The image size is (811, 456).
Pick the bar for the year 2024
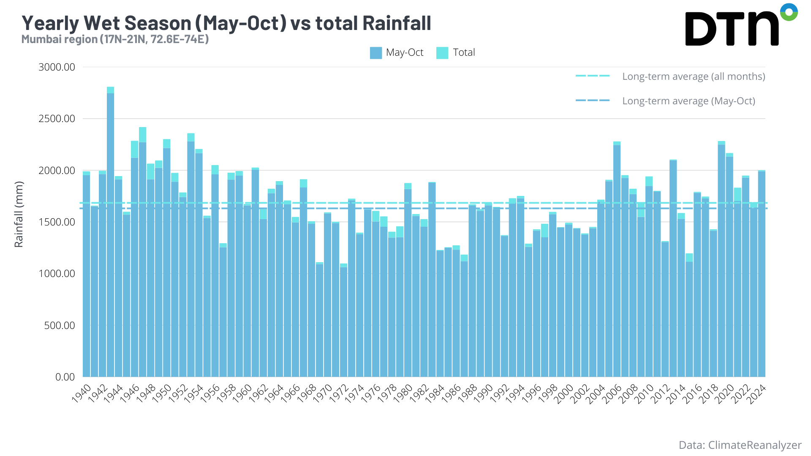[x=762, y=274]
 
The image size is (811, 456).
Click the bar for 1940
[x=86, y=274]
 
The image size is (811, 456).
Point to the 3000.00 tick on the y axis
[x=57, y=67]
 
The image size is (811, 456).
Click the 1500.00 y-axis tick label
[x=57, y=222]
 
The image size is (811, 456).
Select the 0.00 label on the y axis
[x=65, y=377]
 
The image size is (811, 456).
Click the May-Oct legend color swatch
[x=376, y=53]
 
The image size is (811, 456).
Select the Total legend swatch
[x=442, y=53]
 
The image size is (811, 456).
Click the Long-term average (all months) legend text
[x=694, y=76]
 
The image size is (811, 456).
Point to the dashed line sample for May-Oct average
[x=593, y=100]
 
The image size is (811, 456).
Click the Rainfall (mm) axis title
[x=19, y=214]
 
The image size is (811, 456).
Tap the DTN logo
[x=740, y=25]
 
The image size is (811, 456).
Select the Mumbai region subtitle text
[x=115, y=39]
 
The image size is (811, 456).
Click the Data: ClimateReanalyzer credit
[x=740, y=445]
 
